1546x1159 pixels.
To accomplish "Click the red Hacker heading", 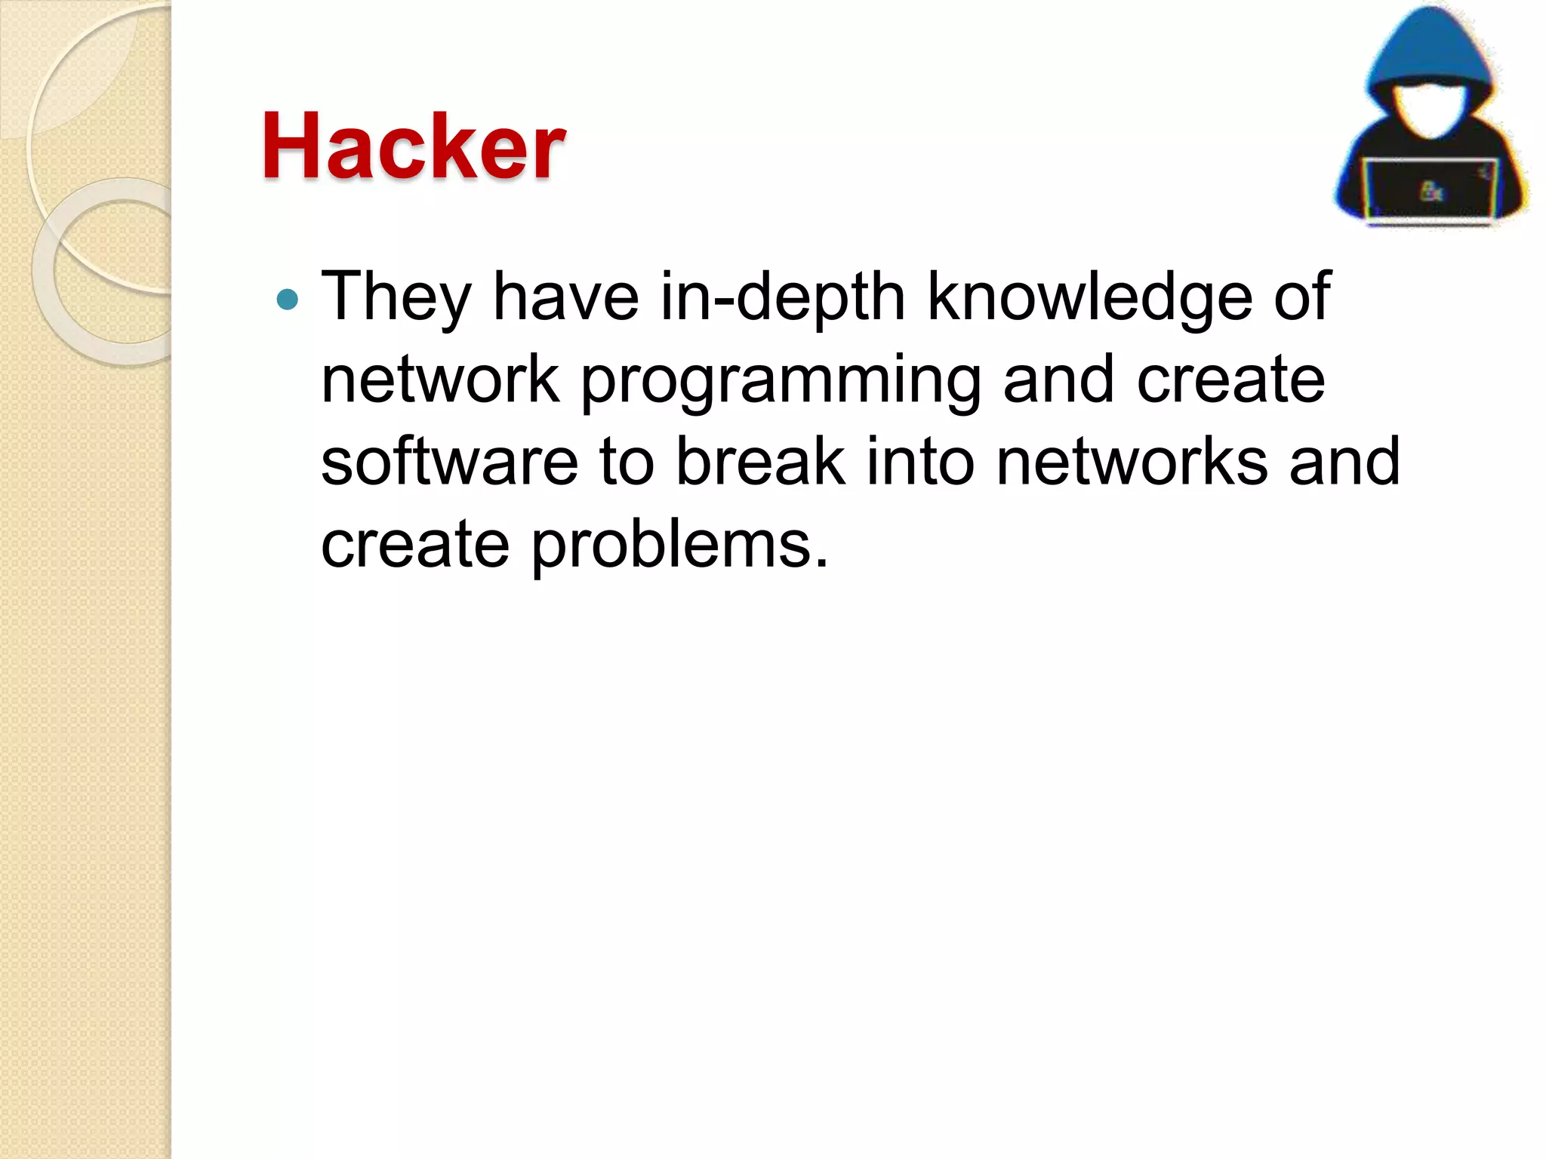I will (x=413, y=146).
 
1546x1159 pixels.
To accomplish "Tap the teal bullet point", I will (x=288, y=300).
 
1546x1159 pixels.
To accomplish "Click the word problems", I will (x=680, y=545).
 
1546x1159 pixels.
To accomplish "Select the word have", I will (x=565, y=297).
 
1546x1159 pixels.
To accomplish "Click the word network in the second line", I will (x=440, y=380).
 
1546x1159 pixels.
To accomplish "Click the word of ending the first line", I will (x=1302, y=297).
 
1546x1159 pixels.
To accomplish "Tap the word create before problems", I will (x=415, y=545).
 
